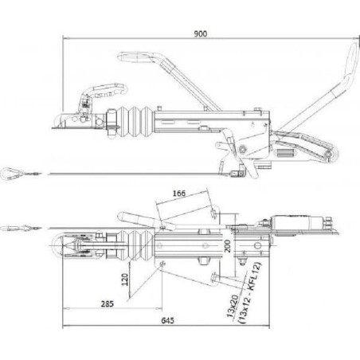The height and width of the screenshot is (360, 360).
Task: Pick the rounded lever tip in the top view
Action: (127, 217)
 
